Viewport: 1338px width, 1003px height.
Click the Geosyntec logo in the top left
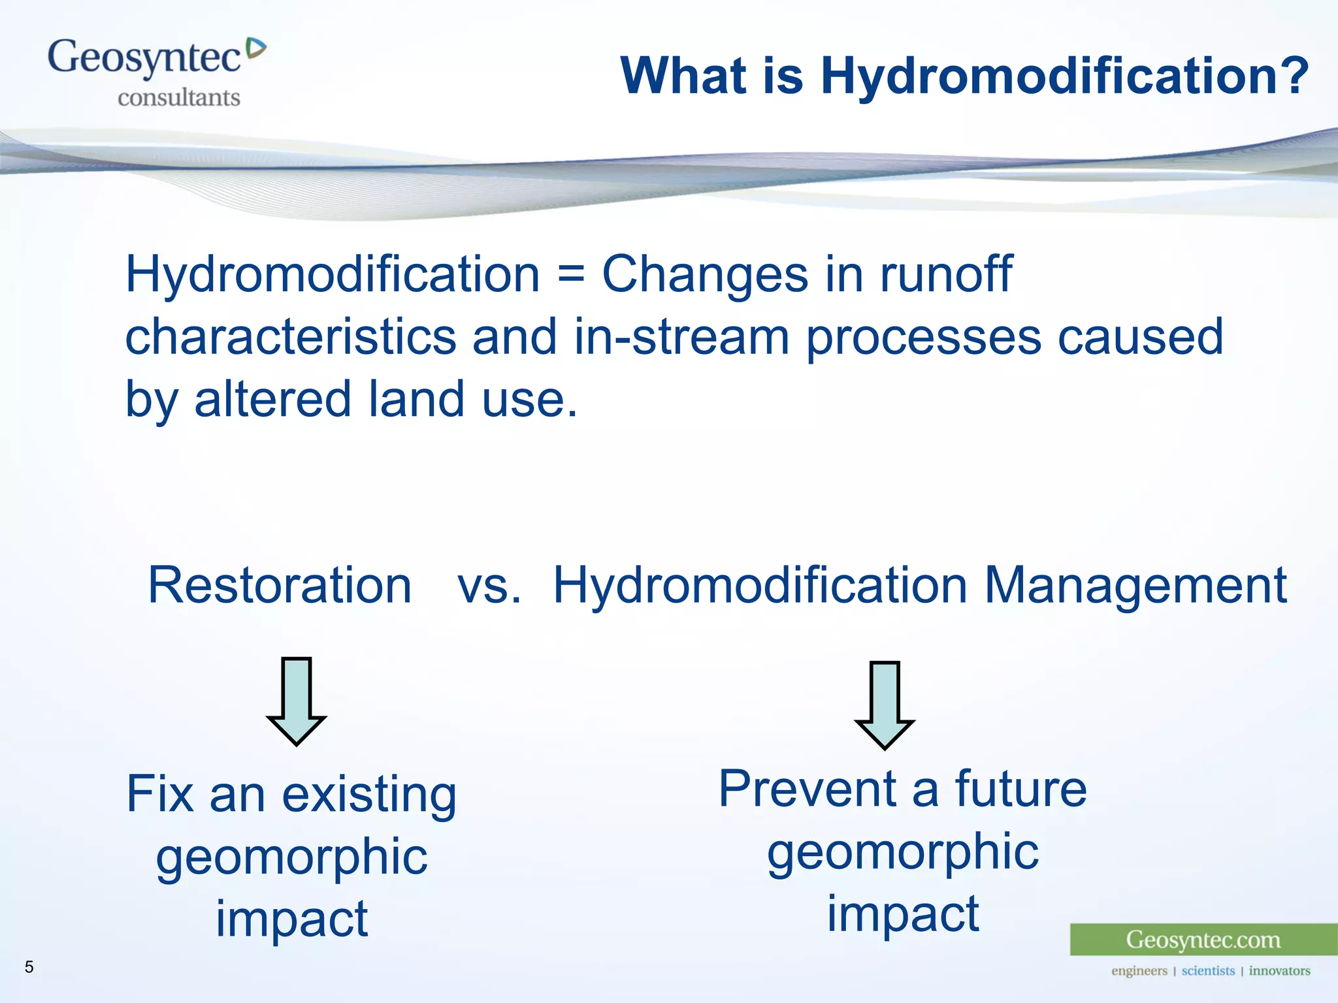[145, 59]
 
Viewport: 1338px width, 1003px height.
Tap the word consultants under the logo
[178, 98]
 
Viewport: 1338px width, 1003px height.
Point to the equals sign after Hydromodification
[570, 275]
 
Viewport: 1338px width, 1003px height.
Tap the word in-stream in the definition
[681, 338]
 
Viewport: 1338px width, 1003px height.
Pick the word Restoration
[280, 585]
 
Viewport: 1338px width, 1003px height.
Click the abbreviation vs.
[489, 585]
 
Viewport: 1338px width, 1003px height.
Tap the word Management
[1135, 585]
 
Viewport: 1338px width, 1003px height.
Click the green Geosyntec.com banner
[1203, 940]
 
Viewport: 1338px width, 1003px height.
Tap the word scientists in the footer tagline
[1208, 971]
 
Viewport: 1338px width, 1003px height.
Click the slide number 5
[29, 967]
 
